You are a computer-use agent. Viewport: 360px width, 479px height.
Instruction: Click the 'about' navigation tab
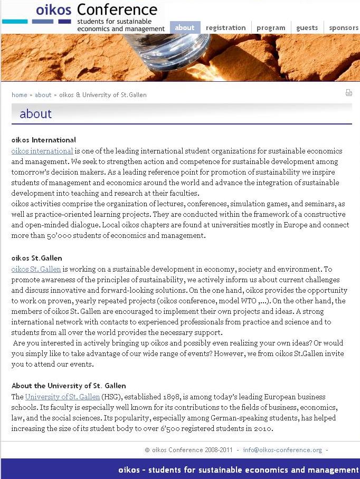[x=185, y=28]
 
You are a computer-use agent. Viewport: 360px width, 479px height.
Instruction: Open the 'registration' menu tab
[x=225, y=28]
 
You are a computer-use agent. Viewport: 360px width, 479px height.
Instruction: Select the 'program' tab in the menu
[x=271, y=28]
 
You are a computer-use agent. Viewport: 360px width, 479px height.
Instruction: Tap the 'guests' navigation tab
[x=307, y=28]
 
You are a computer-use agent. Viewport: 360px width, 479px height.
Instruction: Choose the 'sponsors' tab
[x=344, y=28]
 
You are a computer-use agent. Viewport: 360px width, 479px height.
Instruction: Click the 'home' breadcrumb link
[x=20, y=95]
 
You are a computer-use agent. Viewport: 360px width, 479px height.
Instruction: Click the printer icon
[x=348, y=93]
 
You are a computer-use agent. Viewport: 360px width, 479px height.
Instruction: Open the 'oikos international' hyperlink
[x=42, y=151]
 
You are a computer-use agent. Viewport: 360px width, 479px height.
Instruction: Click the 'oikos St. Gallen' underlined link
[x=36, y=269]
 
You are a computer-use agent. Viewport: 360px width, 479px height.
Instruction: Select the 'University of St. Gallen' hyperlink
[x=62, y=397]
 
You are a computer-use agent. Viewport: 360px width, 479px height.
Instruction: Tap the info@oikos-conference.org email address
[x=282, y=450]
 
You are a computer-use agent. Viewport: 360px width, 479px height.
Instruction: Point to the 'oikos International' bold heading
[x=44, y=140]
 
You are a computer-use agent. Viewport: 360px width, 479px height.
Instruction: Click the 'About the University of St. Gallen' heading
[x=69, y=386]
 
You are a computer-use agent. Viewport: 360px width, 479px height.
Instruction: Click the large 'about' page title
[x=35, y=114]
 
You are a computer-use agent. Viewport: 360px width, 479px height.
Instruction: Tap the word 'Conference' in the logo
[x=117, y=9]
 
